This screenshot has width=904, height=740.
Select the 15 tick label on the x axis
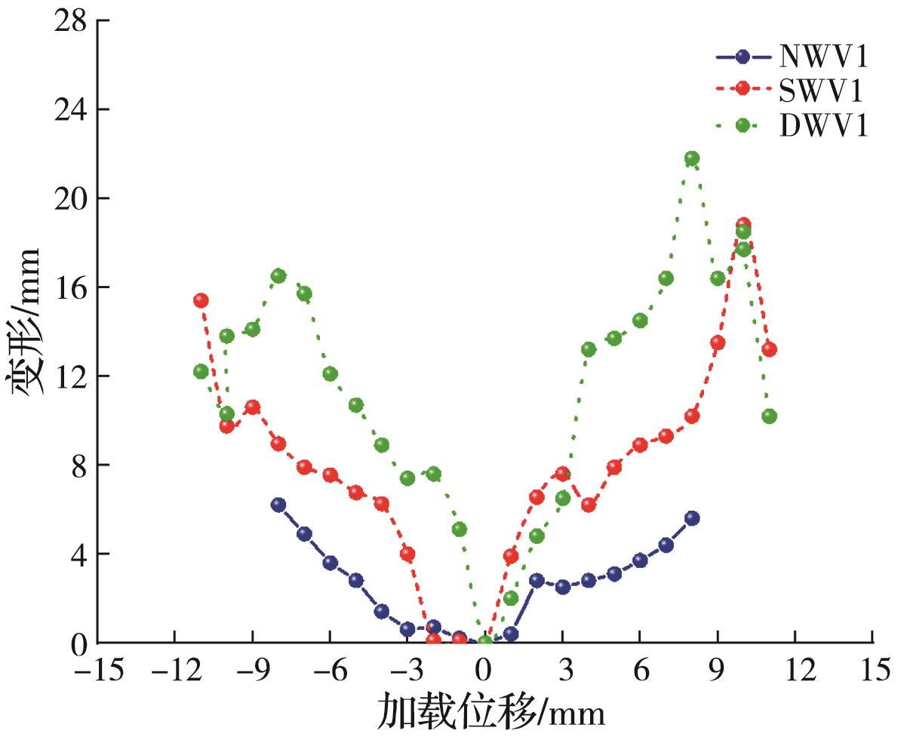pos(873,670)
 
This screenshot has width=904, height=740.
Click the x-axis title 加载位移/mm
pos(490,711)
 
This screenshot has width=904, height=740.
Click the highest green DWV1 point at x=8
pos(692,158)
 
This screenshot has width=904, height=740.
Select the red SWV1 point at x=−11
pos(201,300)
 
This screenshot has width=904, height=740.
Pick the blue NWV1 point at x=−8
pos(278,505)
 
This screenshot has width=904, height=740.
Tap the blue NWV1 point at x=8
pos(692,518)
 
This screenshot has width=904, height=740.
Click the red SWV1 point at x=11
pos(770,349)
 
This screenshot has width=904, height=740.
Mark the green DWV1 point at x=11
pos(770,416)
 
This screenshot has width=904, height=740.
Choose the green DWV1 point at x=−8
pos(278,276)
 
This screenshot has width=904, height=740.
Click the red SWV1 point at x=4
pos(589,505)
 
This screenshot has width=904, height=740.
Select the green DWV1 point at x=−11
pos(201,371)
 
